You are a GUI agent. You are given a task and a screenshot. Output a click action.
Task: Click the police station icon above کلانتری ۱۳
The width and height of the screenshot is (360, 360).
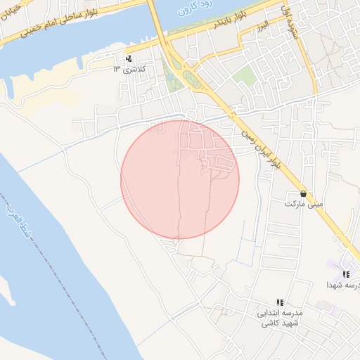click(128, 59)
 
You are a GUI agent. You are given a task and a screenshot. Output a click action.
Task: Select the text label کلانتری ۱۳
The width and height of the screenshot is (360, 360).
click(127, 70)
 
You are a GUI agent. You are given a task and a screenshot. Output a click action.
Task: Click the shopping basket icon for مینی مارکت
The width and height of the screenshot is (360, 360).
click(303, 193)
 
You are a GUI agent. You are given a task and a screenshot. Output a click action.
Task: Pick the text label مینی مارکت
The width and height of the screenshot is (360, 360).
click(304, 204)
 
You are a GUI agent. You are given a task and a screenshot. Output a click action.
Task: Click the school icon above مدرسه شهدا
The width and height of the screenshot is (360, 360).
click(346, 274)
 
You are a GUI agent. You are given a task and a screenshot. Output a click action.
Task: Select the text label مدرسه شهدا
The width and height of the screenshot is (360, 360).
click(344, 285)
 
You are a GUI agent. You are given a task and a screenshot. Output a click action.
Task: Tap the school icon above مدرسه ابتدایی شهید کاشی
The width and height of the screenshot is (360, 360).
click(280, 302)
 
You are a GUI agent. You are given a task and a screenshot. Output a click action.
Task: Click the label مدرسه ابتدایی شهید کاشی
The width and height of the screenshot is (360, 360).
click(281, 317)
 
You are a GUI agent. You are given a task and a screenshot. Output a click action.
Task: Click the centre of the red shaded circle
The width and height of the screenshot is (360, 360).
click(180, 179)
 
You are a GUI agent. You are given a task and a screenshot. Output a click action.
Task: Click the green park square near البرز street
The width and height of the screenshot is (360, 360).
click(244, 76)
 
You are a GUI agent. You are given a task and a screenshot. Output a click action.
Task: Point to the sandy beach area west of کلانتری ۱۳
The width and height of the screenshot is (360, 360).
click(42, 81)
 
